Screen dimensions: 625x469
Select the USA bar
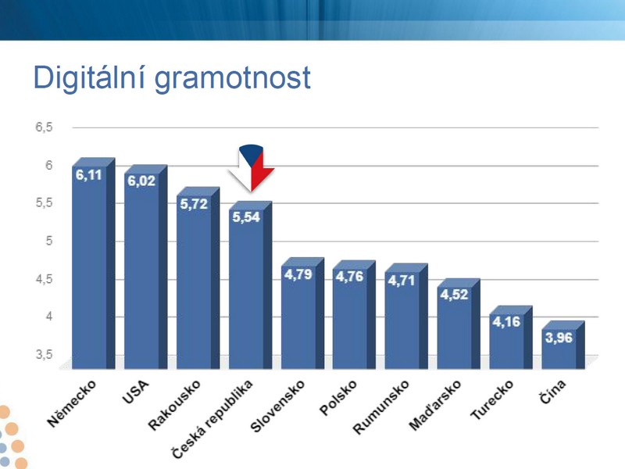click(145, 267)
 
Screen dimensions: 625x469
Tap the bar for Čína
click(562, 345)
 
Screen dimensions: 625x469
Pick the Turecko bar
click(511, 337)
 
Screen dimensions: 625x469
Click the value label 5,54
click(246, 217)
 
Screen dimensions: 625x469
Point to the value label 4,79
click(298, 274)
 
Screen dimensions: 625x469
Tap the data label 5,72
click(194, 204)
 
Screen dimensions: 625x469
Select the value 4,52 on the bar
click(454, 295)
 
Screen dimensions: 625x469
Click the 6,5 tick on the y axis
click(44, 127)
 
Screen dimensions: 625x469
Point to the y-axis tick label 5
click(49, 241)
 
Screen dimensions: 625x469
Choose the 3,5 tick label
click(44, 355)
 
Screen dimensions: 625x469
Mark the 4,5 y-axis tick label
click(44, 279)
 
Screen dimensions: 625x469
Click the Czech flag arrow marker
click(251, 167)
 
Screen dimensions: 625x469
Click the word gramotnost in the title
click(232, 78)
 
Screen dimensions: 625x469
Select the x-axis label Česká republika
click(212, 419)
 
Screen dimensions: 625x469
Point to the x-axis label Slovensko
click(277, 406)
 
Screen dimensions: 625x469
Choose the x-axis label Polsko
click(338, 398)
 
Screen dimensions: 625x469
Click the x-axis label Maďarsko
click(435, 405)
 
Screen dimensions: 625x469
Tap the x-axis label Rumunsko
click(381, 406)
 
